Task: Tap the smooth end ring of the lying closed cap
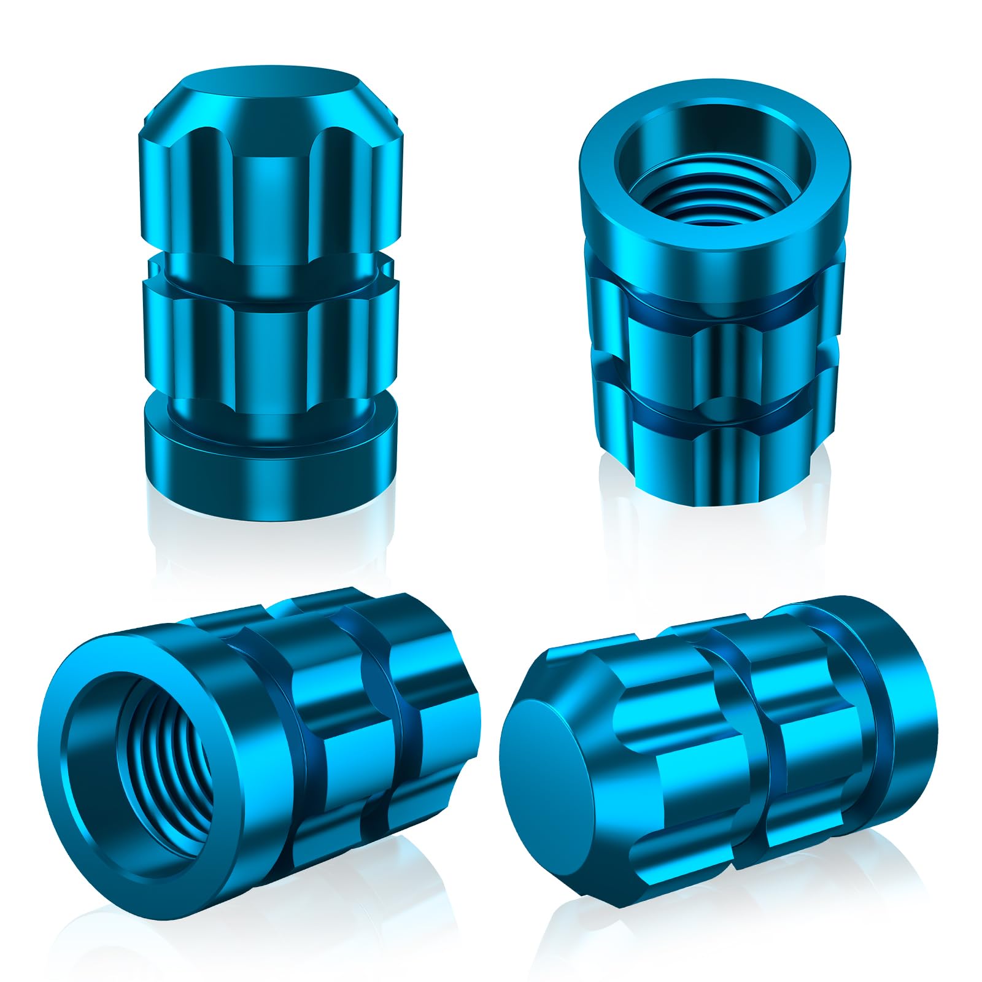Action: click(x=902, y=687)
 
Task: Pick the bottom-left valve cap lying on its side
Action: click(x=258, y=755)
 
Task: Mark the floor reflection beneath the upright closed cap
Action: click(x=270, y=546)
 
